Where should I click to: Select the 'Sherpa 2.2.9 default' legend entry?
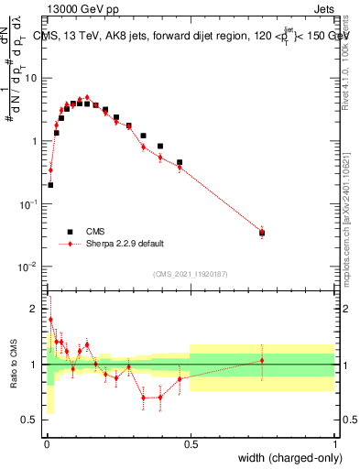point(125,244)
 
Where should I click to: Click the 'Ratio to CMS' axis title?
point(14,364)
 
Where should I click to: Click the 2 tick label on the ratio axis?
point(37,309)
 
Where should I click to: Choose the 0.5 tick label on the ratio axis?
point(32,420)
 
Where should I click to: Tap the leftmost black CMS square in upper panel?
point(50,185)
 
